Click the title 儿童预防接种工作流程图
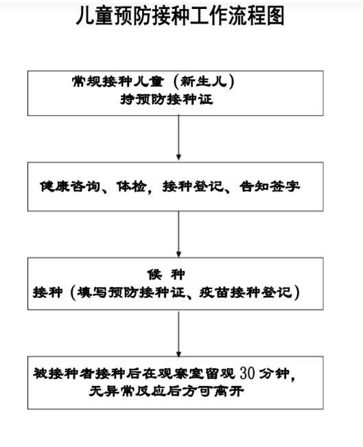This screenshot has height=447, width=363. (x=180, y=16)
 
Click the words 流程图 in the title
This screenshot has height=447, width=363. (x=256, y=16)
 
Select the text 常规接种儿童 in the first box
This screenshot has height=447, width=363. (x=118, y=82)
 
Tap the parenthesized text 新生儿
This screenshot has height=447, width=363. (x=204, y=82)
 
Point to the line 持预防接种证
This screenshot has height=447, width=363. (x=167, y=100)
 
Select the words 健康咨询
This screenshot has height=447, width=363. (x=70, y=187)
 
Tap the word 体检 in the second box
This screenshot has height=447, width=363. (x=131, y=187)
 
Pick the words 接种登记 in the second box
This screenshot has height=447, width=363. (x=193, y=187)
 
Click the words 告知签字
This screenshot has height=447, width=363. (x=270, y=187)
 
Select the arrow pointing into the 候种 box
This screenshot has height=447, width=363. (x=178, y=234)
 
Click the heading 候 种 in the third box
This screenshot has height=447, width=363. (x=166, y=275)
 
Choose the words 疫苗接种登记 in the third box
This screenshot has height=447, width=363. (x=246, y=293)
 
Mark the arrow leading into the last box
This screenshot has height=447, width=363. (x=178, y=334)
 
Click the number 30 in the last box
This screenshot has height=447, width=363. (x=247, y=373)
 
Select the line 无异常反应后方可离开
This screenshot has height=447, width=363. (x=166, y=391)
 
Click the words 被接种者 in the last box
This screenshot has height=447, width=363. (x=63, y=373)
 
